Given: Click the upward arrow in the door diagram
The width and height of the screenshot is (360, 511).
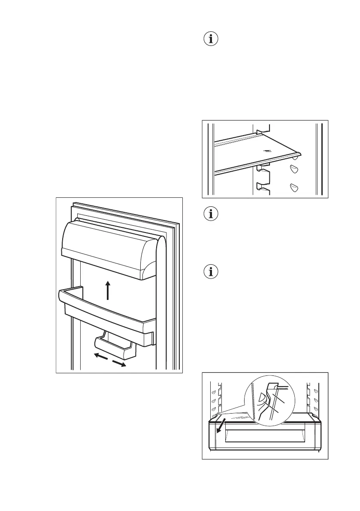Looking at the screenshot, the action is (108, 290).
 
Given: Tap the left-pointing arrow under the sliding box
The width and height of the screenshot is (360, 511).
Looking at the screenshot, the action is (101, 356).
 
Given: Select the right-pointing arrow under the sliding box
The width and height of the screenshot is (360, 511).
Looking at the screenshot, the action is (119, 363).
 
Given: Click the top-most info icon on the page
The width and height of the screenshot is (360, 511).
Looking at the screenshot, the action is (210, 39).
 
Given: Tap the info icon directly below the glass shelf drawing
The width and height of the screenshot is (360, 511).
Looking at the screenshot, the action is (210, 214).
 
